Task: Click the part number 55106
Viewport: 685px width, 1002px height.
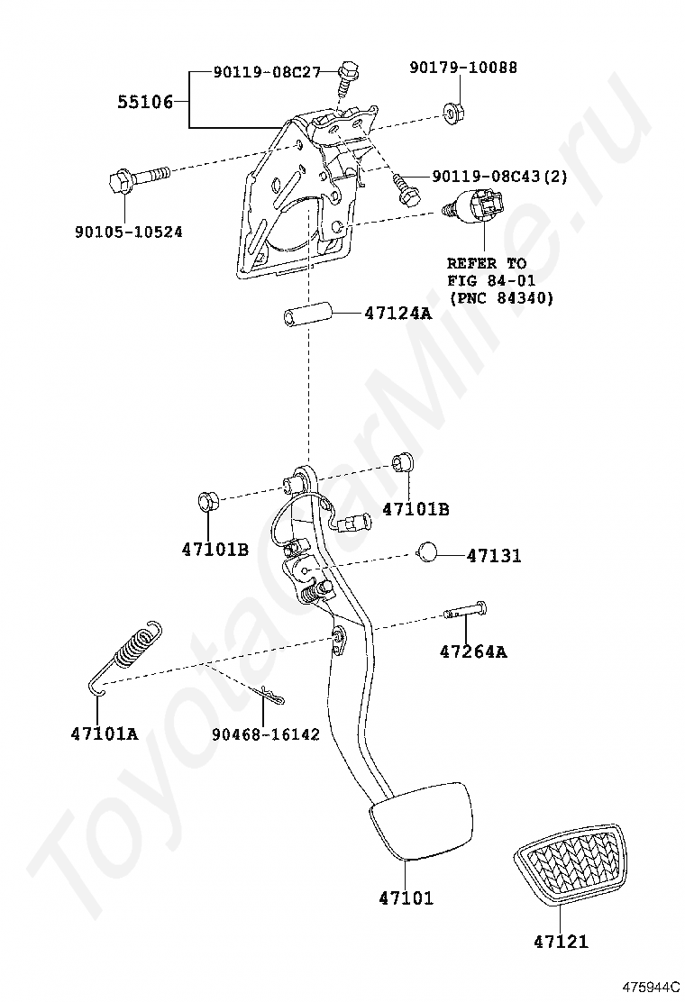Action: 145,102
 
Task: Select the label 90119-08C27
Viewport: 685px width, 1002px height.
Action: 267,72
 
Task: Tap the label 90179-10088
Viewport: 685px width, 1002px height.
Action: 463,68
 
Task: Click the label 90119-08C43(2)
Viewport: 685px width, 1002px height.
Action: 499,177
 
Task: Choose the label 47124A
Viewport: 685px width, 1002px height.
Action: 397,314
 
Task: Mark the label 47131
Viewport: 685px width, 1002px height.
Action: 493,557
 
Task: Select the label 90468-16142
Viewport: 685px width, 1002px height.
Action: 266,734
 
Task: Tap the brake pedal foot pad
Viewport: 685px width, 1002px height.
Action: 421,817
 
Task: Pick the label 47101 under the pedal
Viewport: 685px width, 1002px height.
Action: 406,897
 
